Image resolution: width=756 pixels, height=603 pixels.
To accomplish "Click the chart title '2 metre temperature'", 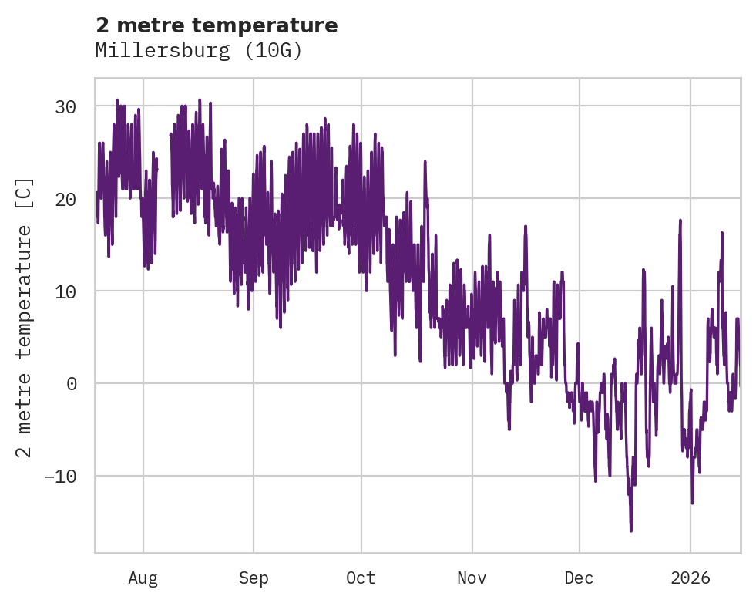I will (x=217, y=25).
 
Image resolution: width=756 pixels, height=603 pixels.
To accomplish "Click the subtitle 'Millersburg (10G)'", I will (x=199, y=51).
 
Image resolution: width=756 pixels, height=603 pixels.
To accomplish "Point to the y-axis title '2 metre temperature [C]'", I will (x=25, y=317).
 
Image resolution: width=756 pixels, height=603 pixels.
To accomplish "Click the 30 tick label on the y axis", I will (x=66, y=106).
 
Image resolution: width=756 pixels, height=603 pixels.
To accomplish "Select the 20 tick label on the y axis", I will (x=66, y=199).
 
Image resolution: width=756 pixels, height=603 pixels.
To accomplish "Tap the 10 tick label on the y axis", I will (x=66, y=291).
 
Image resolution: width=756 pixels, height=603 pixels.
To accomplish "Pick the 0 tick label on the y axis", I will (x=72, y=383).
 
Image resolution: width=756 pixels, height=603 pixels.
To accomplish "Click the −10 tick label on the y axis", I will (x=60, y=476).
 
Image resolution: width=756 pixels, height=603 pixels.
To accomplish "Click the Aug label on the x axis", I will (x=143, y=578).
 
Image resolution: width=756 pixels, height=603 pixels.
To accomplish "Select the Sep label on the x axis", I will (x=253, y=578).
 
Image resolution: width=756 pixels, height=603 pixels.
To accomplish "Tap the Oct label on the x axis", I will (x=361, y=578).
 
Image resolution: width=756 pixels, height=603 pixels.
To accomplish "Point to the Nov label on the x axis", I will (x=472, y=578).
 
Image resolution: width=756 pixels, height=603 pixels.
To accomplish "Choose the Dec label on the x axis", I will (x=579, y=578).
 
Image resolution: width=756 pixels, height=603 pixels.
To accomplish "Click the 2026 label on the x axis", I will (x=690, y=578).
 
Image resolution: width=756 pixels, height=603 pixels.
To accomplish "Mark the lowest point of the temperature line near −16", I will (x=631, y=531).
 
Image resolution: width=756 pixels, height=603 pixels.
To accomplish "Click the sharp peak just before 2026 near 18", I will (x=680, y=221).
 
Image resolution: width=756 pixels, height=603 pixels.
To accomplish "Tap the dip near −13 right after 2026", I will (x=692, y=503).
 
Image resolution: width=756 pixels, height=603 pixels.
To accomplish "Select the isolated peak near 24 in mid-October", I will (x=425, y=161).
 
